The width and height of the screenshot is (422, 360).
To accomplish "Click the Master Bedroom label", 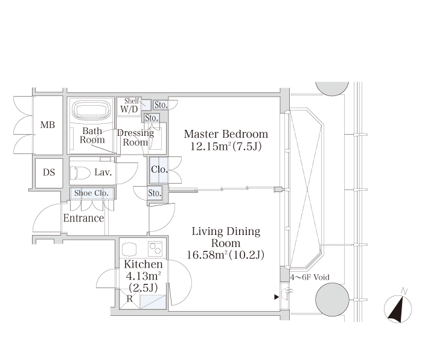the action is tap(226, 134).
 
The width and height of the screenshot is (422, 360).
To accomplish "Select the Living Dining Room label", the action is tap(226, 237).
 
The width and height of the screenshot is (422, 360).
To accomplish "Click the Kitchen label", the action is tap(143, 264).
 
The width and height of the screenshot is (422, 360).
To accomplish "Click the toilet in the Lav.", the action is tap(80, 173).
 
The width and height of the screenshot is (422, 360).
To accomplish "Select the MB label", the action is tap(48, 125).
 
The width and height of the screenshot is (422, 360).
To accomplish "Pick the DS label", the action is tap(49, 172).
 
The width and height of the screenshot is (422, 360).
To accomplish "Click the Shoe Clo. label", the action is tap(92, 193).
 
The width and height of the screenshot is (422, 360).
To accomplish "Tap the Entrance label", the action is tap(84, 218).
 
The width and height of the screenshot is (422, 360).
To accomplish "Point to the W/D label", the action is tap(129, 109).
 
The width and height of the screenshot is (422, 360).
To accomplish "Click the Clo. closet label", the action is tap(159, 169).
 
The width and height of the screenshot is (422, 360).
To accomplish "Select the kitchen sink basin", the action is tap(129, 248).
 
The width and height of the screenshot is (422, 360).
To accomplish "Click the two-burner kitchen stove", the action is tap(155, 248).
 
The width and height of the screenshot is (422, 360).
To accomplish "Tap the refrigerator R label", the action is tap(130, 298).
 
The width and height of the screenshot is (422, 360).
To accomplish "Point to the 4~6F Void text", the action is tap(310, 277).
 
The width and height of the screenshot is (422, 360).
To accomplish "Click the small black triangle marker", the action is tap(277, 297).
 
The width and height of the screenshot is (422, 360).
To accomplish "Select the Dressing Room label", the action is tap(136, 138).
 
